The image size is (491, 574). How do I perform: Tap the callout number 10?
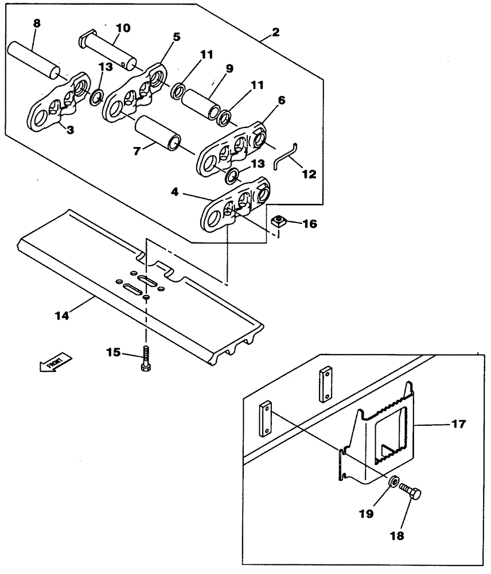tap(123, 27)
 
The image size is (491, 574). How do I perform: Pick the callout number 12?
tap(309, 174)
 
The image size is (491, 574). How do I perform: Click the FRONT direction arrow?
tap(55, 363)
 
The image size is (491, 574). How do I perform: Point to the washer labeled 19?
tap(393, 481)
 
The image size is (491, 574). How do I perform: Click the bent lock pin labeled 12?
tap(285, 156)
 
